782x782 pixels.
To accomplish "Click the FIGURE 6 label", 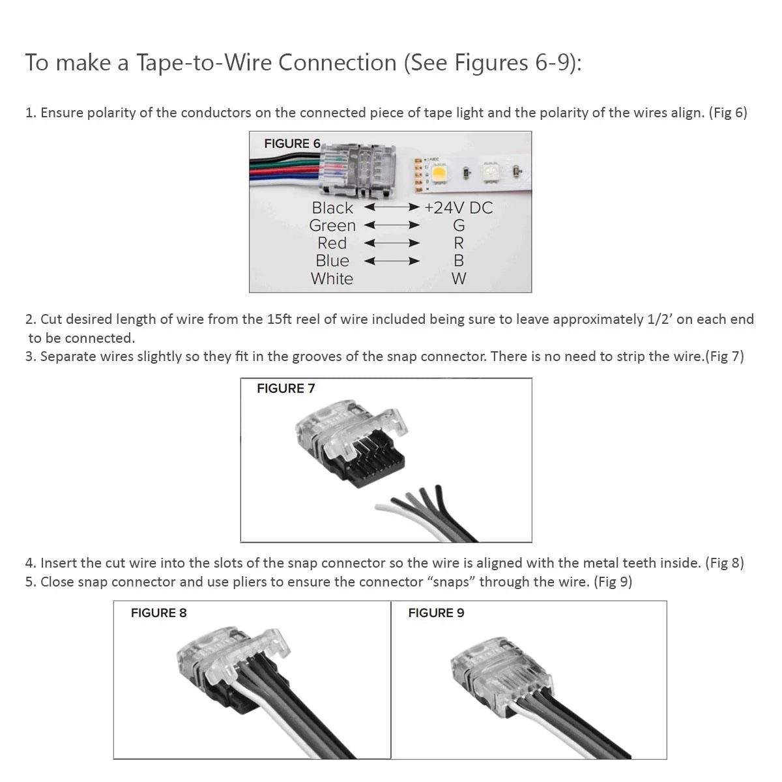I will click(292, 143).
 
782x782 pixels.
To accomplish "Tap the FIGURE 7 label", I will click(285, 388).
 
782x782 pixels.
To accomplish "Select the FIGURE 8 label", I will click(158, 613).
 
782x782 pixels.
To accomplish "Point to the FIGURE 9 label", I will click(436, 613).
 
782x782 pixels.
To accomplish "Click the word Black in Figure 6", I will click(332, 208).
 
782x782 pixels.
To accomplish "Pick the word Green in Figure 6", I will click(332, 225).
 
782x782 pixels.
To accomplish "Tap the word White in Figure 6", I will click(332, 279).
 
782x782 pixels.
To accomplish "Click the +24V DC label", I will click(458, 208).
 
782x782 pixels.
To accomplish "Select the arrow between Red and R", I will click(392, 243).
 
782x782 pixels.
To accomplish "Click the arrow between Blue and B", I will click(392, 261).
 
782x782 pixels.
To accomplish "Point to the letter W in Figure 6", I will click(459, 279).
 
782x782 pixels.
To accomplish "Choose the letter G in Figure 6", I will click(459, 225).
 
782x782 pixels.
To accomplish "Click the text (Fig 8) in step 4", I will click(724, 562).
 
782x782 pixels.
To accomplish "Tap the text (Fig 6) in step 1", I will click(728, 112).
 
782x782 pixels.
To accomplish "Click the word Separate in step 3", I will click(68, 356).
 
